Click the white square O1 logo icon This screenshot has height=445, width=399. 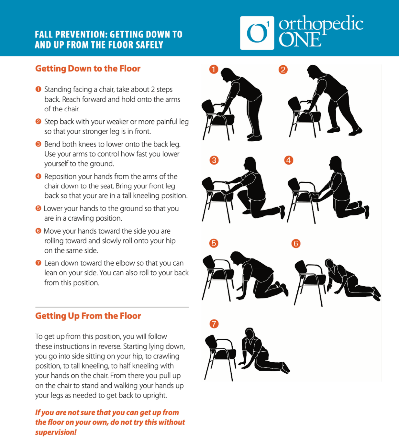[257, 33]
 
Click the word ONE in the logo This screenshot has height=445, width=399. [300, 39]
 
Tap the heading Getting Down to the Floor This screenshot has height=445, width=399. [88, 69]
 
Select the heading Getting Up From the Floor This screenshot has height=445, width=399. [88, 316]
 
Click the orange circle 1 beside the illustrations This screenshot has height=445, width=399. [214, 69]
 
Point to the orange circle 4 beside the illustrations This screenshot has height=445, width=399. [289, 160]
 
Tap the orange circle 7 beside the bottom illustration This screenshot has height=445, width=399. [214, 324]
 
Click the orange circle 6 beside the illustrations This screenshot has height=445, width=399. [296, 244]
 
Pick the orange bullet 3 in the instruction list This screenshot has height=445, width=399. [38, 144]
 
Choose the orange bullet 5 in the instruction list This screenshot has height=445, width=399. [38, 208]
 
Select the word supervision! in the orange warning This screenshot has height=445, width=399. [56, 432]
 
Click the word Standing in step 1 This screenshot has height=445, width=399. [58, 90]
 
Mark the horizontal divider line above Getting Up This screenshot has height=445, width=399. [112, 307]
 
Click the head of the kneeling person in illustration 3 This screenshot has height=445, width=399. [250, 163]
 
